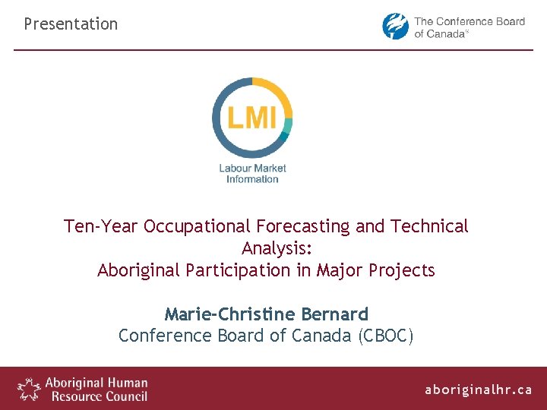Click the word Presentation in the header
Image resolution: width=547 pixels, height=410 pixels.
point(71,24)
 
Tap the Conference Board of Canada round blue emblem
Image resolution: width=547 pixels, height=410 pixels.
point(395,27)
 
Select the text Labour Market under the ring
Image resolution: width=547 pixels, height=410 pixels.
point(252,168)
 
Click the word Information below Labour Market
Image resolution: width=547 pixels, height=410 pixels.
point(252,179)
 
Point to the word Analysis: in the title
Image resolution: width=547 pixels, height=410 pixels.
point(277,248)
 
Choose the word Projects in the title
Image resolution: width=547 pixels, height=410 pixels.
point(403,270)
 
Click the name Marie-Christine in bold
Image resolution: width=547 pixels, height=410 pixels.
point(230,314)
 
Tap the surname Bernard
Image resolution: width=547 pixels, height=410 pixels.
point(334,314)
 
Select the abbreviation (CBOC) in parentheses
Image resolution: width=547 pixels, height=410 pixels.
point(386,336)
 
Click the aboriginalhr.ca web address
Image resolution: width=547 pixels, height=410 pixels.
point(478,389)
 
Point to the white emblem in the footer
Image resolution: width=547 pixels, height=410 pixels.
point(29,389)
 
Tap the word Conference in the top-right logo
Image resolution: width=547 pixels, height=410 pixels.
point(464,21)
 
